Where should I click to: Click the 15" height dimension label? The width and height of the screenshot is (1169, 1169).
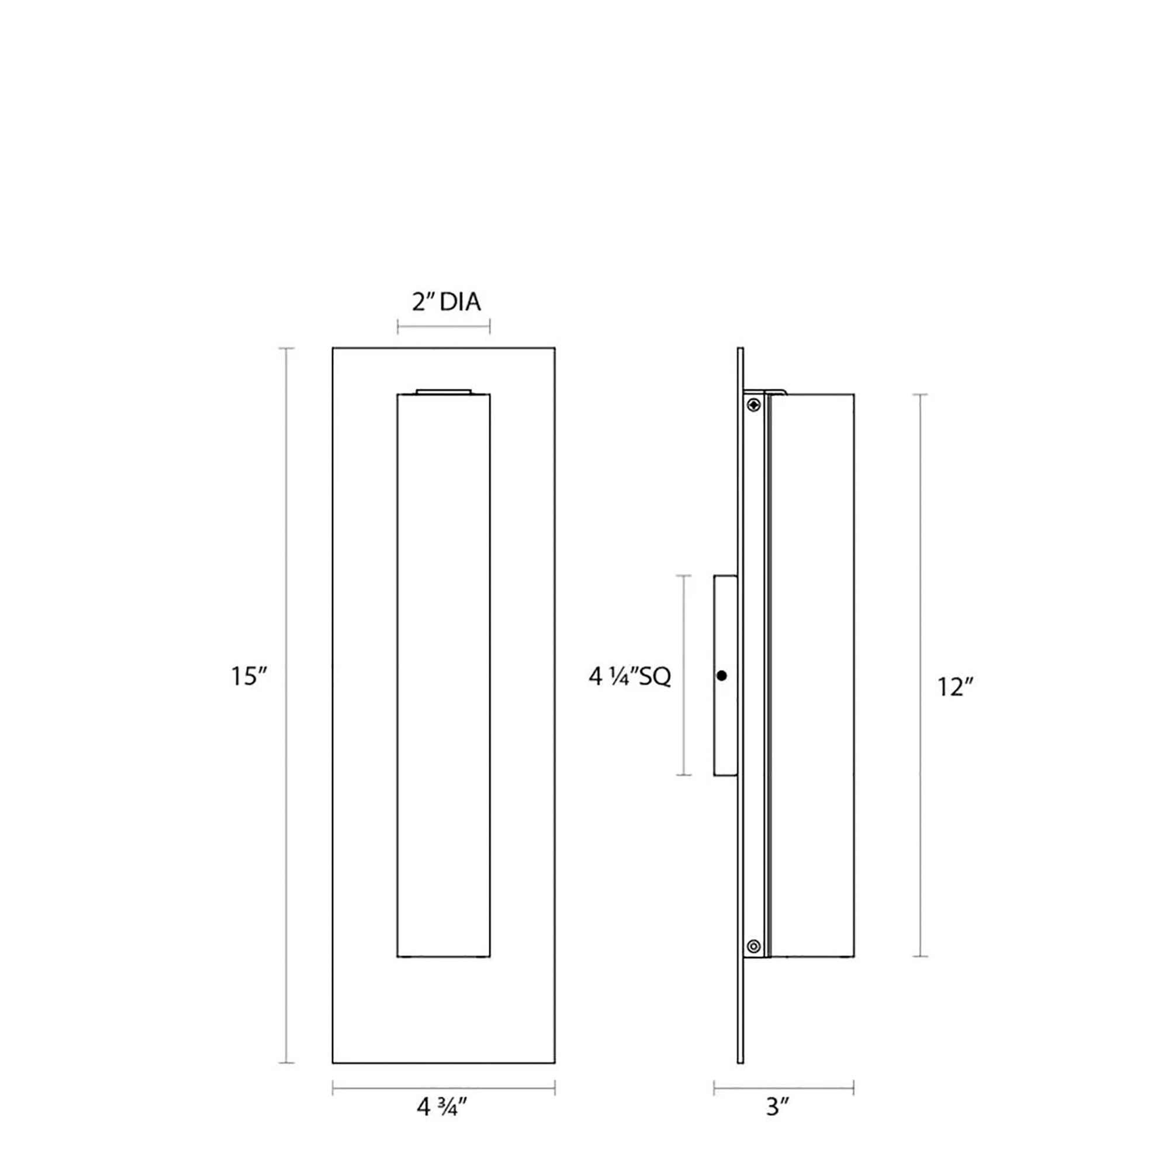(248, 676)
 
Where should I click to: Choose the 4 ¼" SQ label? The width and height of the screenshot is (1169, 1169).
(630, 676)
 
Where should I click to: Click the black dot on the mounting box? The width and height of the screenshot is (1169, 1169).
(721, 676)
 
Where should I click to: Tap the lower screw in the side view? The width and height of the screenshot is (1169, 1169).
(753, 946)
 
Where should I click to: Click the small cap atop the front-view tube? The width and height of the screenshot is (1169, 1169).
(444, 392)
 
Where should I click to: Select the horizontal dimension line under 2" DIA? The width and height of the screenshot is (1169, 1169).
(444, 328)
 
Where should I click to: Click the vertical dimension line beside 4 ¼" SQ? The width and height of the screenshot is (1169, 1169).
(684, 675)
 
